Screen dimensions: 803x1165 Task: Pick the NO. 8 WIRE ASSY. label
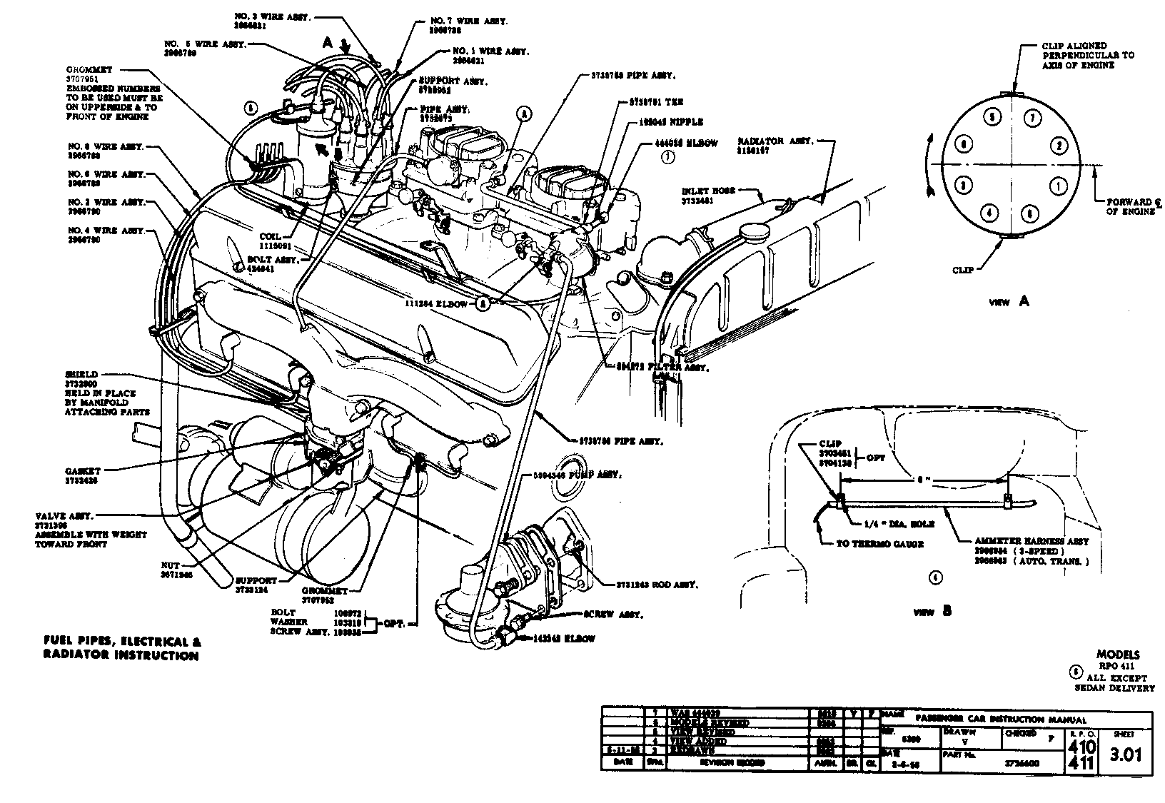pos(106,146)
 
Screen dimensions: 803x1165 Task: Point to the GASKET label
pos(81,471)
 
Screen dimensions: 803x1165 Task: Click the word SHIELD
pos(81,374)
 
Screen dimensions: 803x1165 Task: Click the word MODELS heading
pos(1118,655)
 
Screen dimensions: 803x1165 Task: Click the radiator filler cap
pos(753,232)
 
